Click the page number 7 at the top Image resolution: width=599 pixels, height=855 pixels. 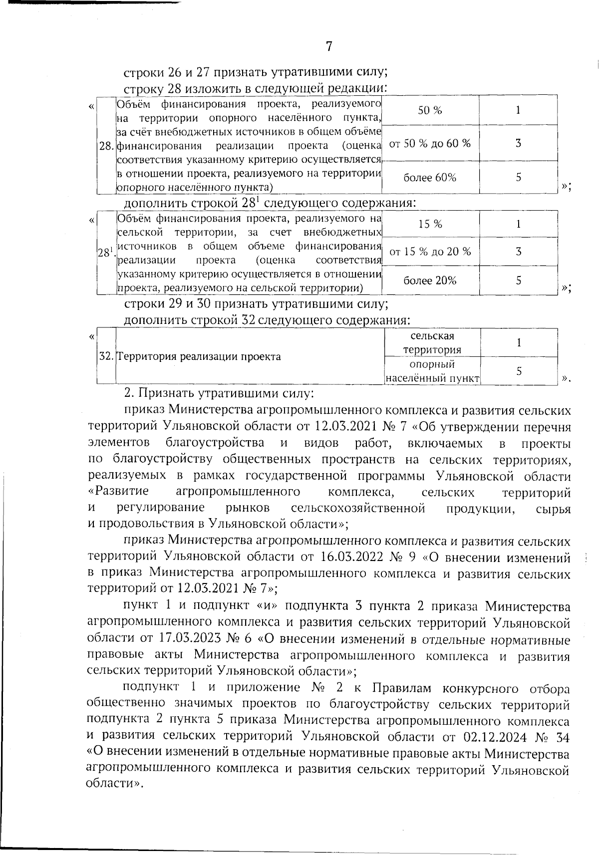pyautogui.click(x=329, y=46)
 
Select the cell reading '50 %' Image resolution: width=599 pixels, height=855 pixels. pyautogui.click(x=430, y=110)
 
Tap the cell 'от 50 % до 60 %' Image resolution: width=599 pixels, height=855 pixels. pyautogui.click(x=430, y=143)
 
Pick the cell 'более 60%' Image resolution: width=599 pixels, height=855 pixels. pyautogui.click(x=430, y=177)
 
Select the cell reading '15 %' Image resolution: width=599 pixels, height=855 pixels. pyautogui.click(x=430, y=224)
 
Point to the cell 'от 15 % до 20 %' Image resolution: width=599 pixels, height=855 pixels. pyautogui.click(x=430, y=251)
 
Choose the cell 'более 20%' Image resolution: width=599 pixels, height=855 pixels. pyautogui.click(x=430, y=280)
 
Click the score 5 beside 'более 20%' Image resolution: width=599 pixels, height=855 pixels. pyautogui.click(x=519, y=280)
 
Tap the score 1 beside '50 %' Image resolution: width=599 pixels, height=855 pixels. pyautogui.click(x=519, y=110)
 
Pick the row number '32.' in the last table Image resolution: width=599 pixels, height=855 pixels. pyautogui.click(x=106, y=356)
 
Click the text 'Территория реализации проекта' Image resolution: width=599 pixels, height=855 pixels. pyautogui.click(x=199, y=356)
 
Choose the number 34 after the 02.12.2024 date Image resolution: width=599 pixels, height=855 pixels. pyautogui.click(x=563, y=737)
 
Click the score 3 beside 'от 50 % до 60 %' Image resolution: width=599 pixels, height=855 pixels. pyautogui.click(x=519, y=143)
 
